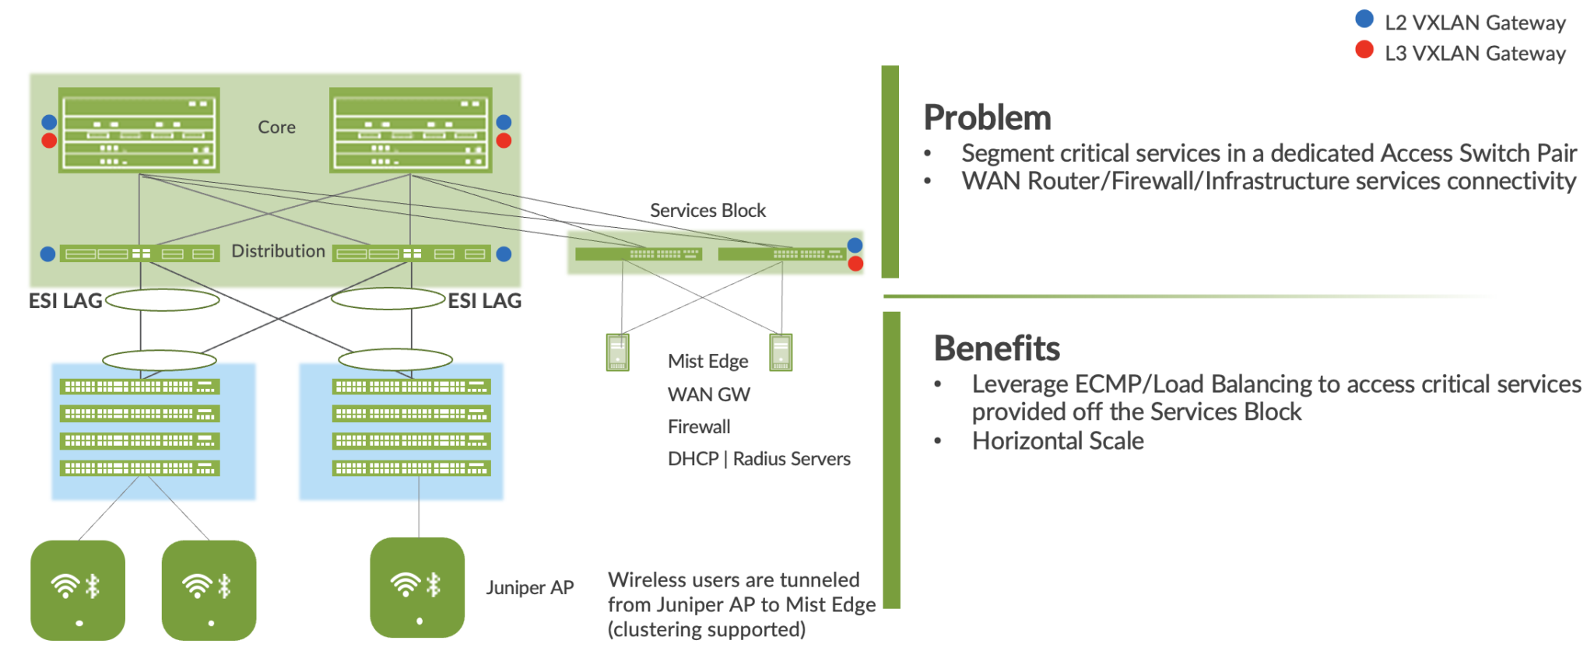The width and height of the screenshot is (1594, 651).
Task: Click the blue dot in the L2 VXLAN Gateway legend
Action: tap(1364, 19)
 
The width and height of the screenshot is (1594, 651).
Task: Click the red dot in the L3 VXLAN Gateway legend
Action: tap(1364, 50)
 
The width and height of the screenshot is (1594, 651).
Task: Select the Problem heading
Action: tap(987, 118)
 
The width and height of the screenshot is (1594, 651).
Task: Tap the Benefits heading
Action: tap(996, 348)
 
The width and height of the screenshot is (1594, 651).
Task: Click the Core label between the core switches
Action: tap(276, 127)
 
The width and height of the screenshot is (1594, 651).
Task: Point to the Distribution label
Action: tap(278, 251)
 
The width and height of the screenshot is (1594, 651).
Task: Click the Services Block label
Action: tap(707, 211)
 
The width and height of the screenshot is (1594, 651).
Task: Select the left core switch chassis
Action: tap(140, 130)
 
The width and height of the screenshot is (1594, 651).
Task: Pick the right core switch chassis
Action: tap(410, 130)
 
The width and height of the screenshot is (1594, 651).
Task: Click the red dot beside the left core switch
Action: tap(49, 141)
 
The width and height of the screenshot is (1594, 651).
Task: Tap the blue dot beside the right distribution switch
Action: tap(504, 254)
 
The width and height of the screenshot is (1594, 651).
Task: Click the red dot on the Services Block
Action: tap(855, 264)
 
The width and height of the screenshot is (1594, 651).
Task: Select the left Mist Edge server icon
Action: tap(617, 352)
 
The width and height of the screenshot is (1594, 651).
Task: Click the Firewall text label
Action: tap(699, 427)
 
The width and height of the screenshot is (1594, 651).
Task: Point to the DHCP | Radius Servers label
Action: tap(759, 459)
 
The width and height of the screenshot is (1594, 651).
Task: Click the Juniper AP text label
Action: tap(529, 588)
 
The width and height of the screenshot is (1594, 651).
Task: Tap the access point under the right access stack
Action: tap(417, 588)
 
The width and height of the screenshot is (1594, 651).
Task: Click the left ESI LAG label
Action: tap(65, 301)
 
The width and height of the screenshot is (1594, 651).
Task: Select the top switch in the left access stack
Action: tap(140, 387)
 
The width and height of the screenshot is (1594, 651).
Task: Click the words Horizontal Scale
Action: tap(1058, 441)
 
